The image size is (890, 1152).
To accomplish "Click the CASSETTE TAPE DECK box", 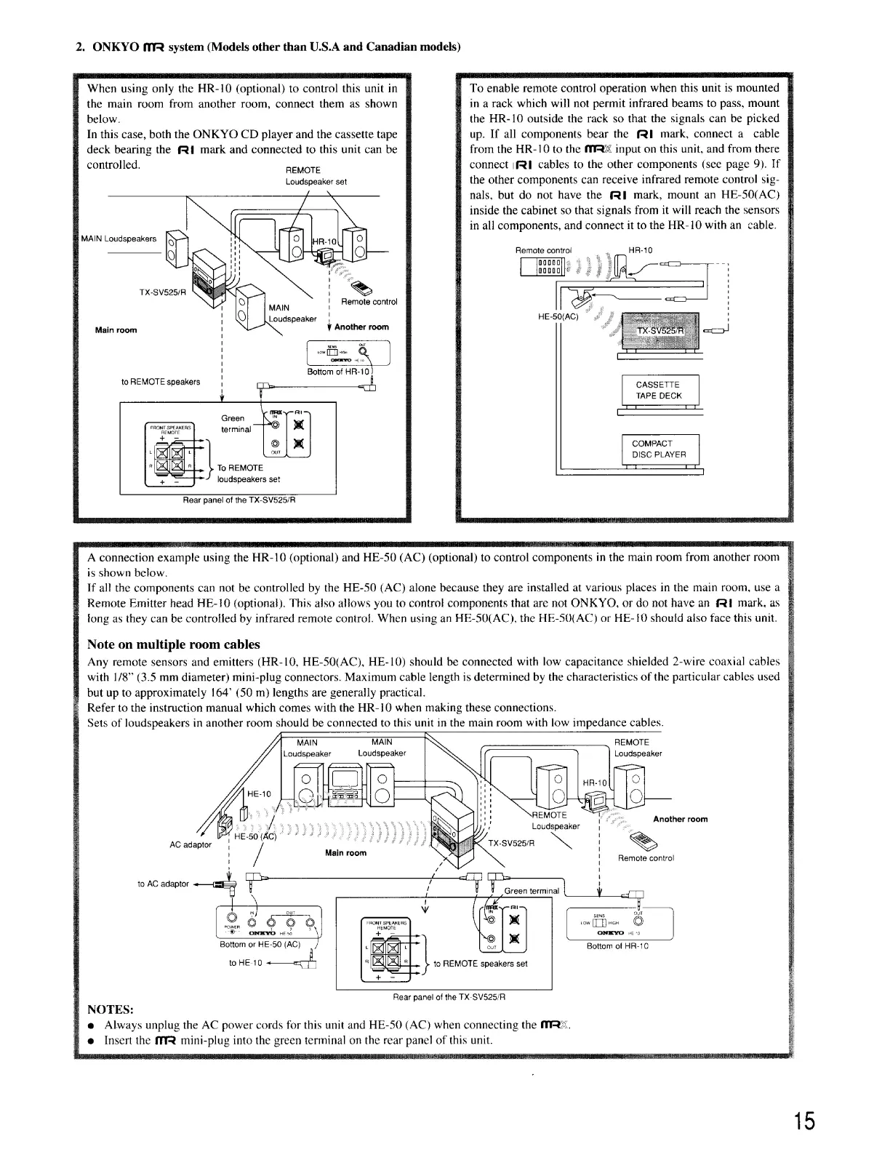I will pos(659,391).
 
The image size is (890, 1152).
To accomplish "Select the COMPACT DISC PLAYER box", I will pos(659,449).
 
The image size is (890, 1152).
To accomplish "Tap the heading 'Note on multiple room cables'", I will pos(173,644).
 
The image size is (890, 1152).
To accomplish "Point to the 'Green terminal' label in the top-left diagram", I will pos(236,423).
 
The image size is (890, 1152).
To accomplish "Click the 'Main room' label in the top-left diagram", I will pos(116,330).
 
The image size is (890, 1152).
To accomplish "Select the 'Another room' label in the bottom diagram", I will pos(680,819).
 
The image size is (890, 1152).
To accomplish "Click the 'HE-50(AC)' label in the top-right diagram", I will pos(557,317).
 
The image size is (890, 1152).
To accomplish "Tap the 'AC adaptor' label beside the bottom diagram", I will pos(191,844).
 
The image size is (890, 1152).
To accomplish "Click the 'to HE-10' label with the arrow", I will pos(245,962).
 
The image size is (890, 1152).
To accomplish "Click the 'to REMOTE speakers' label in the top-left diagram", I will pos(161,381).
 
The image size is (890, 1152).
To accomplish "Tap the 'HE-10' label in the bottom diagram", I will pos(260,793).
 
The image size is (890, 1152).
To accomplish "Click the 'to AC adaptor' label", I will pos(163,884).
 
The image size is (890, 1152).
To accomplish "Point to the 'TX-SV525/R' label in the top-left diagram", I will pos(163,292).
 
